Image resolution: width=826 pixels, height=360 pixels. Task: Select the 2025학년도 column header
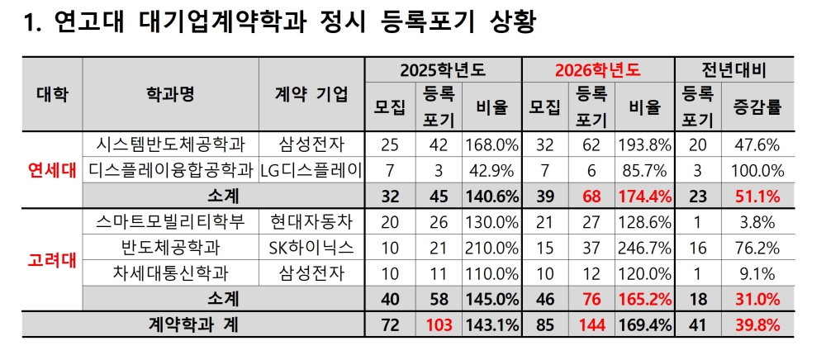click(x=442, y=69)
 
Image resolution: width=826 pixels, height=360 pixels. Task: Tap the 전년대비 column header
click(x=733, y=69)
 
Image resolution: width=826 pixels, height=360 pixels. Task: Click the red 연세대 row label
click(x=52, y=171)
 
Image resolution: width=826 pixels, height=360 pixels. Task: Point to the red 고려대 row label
click(x=52, y=259)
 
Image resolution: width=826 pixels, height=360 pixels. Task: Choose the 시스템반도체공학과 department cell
click(x=171, y=144)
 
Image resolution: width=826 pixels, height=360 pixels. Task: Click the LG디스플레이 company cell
click(x=311, y=171)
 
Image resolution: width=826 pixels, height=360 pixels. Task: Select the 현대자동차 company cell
click(x=311, y=221)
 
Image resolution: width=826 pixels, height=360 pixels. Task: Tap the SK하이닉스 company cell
click(x=311, y=248)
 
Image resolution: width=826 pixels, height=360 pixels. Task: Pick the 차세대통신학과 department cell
click(x=171, y=273)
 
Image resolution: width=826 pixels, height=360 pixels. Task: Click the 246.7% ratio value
click(x=645, y=248)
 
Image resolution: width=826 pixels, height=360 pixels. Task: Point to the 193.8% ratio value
click(x=645, y=144)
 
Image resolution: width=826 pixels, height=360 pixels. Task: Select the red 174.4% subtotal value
click(x=645, y=197)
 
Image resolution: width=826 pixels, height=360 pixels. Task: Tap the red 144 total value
click(x=592, y=325)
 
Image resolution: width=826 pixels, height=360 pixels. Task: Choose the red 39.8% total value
click(x=757, y=325)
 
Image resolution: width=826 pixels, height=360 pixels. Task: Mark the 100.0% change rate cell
click(x=757, y=171)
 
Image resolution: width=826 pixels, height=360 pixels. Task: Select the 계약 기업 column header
click(x=311, y=93)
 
